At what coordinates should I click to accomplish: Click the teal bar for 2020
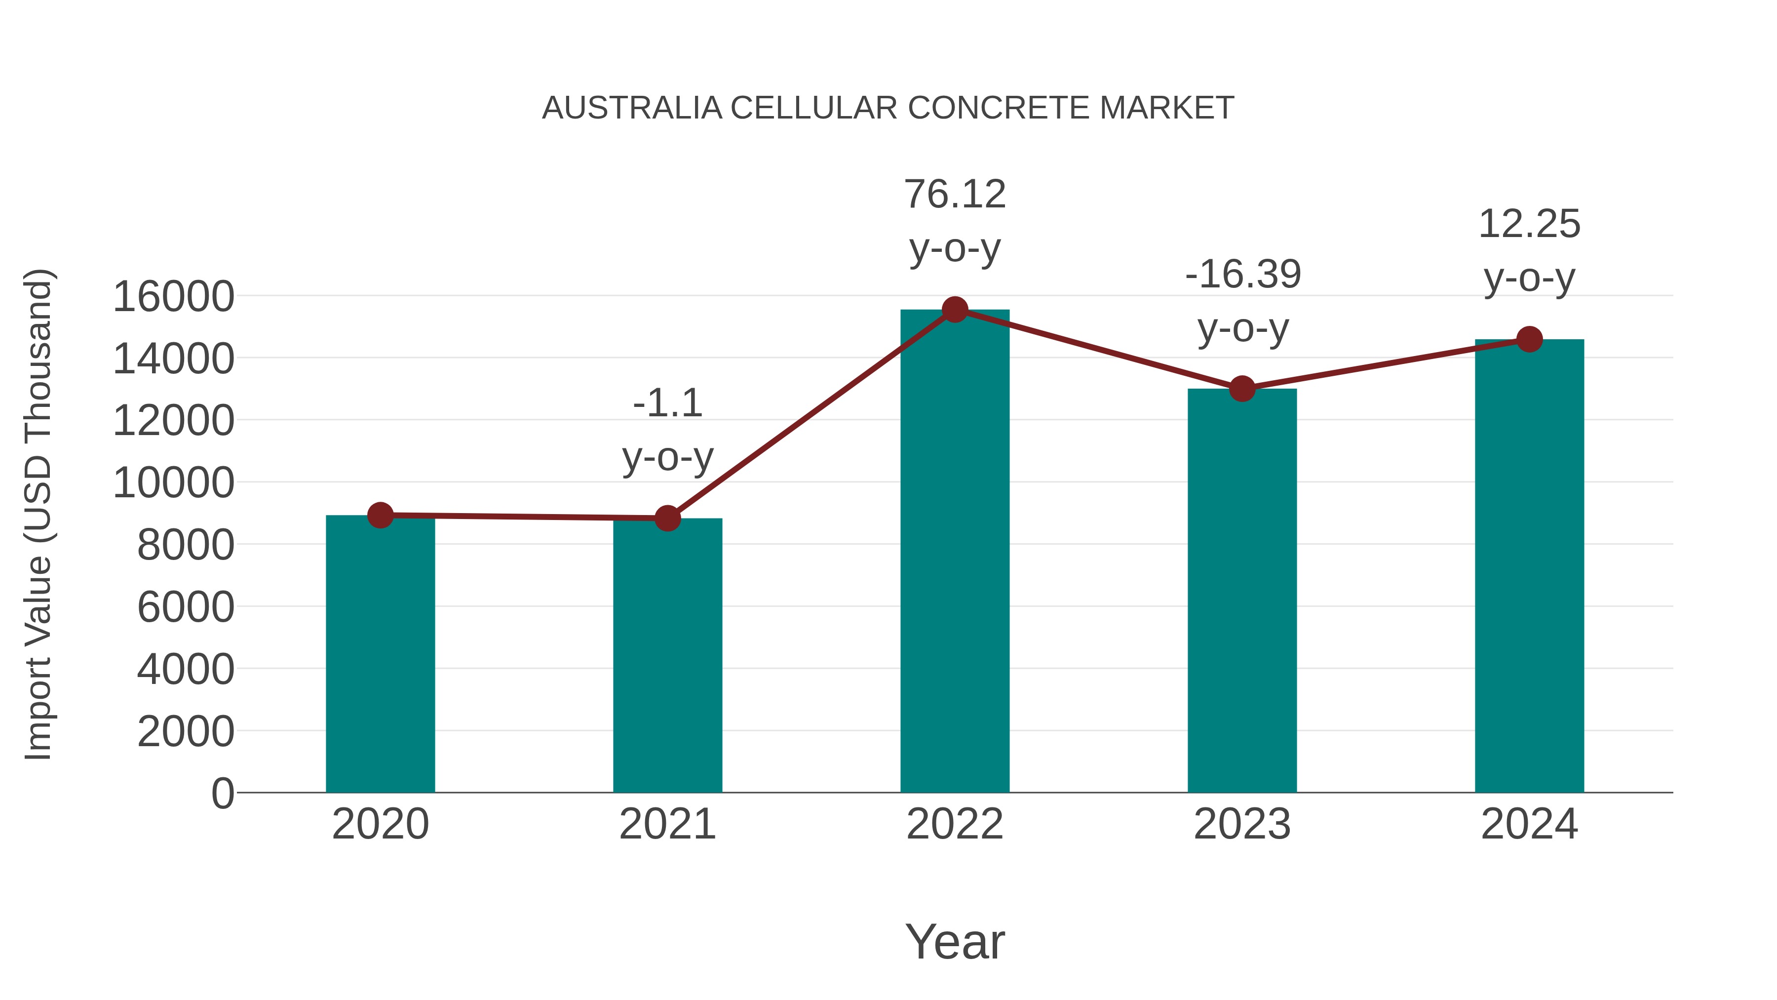380,656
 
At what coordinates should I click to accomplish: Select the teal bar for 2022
955,552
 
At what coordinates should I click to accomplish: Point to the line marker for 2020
380,515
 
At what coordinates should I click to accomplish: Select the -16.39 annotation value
1242,274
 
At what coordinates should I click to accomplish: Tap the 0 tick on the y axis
223,793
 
